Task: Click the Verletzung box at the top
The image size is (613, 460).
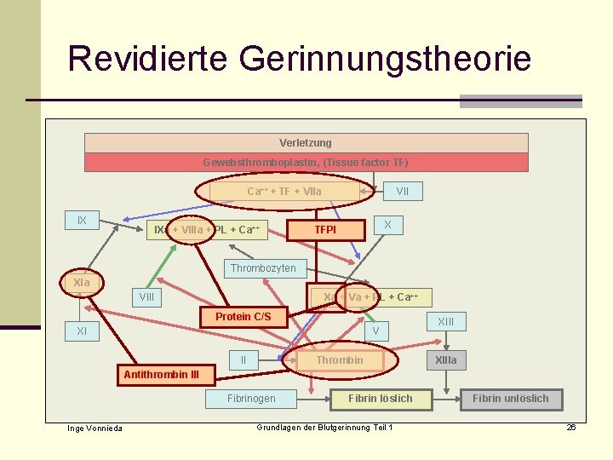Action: (306, 143)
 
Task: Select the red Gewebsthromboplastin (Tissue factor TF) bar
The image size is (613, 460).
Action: (306, 163)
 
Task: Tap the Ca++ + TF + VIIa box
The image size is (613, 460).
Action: (284, 192)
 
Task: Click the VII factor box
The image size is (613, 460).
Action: (403, 192)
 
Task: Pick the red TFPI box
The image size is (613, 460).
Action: (325, 230)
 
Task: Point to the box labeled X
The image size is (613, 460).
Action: (387, 225)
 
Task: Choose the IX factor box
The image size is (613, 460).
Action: (82, 221)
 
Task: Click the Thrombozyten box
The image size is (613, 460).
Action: (264, 268)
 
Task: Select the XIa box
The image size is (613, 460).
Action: (82, 282)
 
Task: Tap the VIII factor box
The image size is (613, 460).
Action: (147, 297)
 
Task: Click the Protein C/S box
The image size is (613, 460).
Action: (243, 317)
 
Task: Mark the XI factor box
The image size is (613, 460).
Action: (82, 331)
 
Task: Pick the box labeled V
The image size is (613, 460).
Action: (375, 331)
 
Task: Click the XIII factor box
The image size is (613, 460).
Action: (446, 321)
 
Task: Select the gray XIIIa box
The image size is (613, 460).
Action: (446, 360)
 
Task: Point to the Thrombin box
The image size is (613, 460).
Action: (340, 360)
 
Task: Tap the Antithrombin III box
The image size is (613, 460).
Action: (161, 374)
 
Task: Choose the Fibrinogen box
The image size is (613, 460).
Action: (251, 398)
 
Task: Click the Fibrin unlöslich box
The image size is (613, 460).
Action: (511, 398)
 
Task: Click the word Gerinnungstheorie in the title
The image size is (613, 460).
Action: (386, 60)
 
